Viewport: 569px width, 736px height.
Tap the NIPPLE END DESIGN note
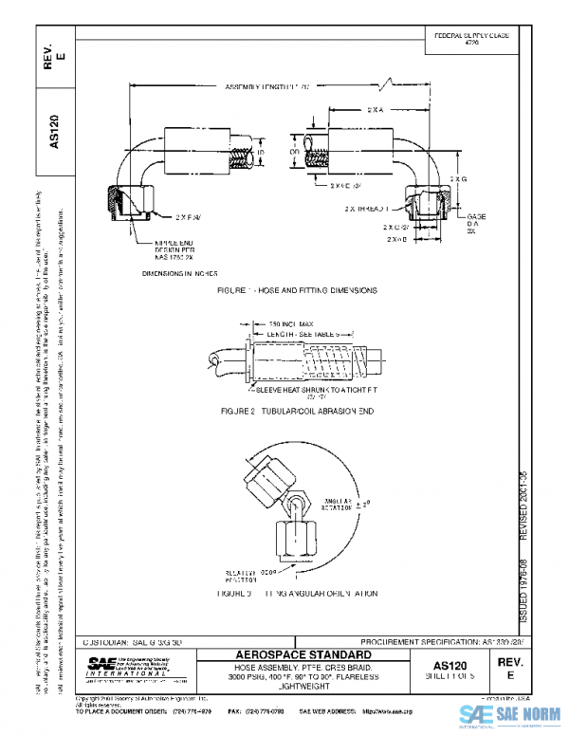pos(177,249)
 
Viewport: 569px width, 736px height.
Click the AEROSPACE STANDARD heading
pos(300,655)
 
